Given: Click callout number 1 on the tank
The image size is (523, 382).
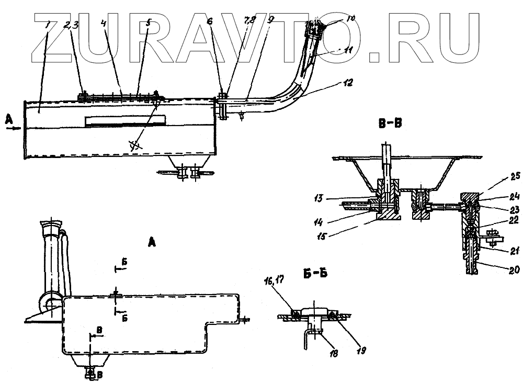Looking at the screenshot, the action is point(47,24).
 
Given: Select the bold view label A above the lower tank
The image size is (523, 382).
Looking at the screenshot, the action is point(152,242).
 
